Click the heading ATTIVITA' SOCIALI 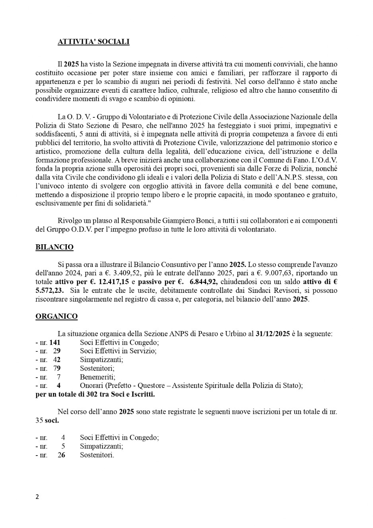93,42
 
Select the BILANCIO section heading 54,247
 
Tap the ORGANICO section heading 56,316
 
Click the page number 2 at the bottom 37,497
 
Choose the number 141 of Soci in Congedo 54,343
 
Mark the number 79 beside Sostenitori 57,368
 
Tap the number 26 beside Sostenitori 61,455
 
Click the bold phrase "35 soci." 47,421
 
